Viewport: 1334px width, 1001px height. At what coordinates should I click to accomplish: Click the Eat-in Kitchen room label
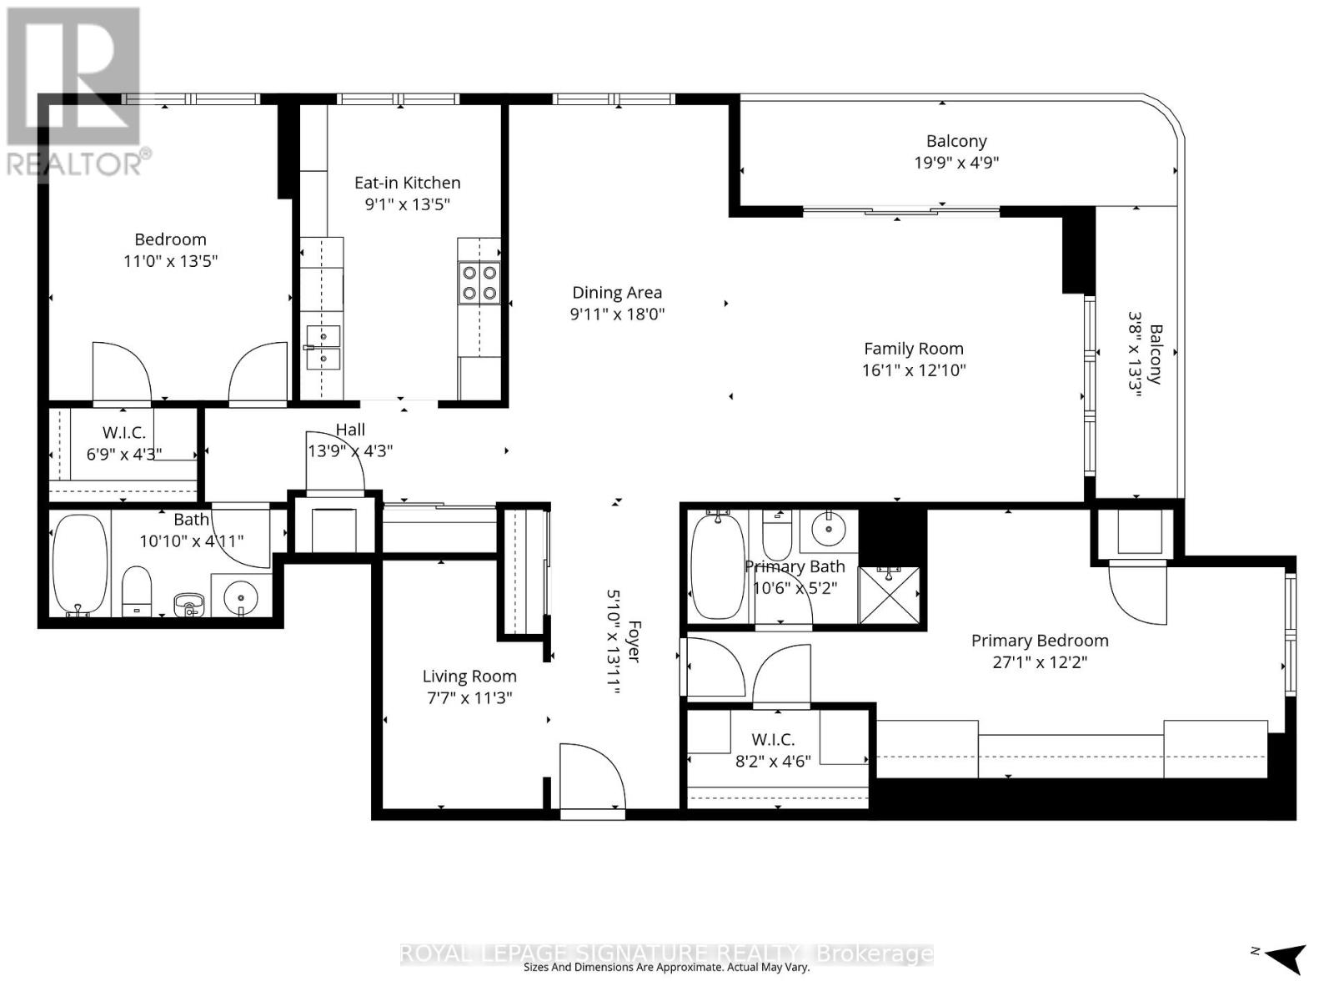[407, 183]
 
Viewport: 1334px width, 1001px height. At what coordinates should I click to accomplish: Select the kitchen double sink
[323, 348]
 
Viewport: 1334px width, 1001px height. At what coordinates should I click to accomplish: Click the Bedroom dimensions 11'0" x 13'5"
[170, 261]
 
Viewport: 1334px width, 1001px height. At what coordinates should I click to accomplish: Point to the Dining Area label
[617, 293]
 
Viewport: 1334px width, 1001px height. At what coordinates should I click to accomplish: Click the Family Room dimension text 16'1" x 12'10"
[913, 370]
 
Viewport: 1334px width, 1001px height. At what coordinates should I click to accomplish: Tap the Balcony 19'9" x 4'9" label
[956, 152]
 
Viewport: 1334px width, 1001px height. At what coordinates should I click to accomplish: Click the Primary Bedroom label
[1040, 641]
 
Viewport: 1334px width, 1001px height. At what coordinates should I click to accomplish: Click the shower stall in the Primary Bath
[889, 595]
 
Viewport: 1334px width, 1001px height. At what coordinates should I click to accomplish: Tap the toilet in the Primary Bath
[777, 538]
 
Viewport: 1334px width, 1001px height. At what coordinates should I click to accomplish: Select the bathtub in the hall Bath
[80, 564]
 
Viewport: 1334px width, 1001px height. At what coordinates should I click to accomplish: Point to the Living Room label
[469, 677]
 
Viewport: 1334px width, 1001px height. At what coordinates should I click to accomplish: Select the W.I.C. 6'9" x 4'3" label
[124, 443]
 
